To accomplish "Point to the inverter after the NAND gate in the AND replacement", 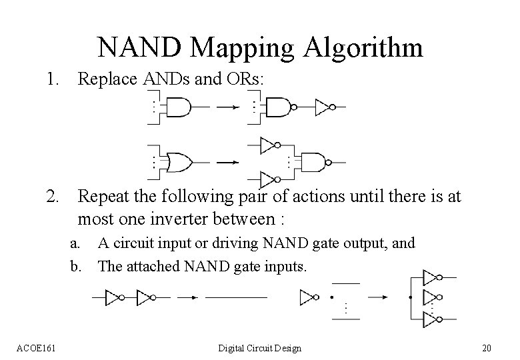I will coord(325,107).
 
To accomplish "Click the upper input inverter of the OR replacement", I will coord(268,145).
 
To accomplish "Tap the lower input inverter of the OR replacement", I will coord(268,178).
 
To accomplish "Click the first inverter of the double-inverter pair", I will coord(114,297).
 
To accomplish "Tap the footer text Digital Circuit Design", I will coord(260,348).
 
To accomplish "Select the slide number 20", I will coord(486,348).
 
